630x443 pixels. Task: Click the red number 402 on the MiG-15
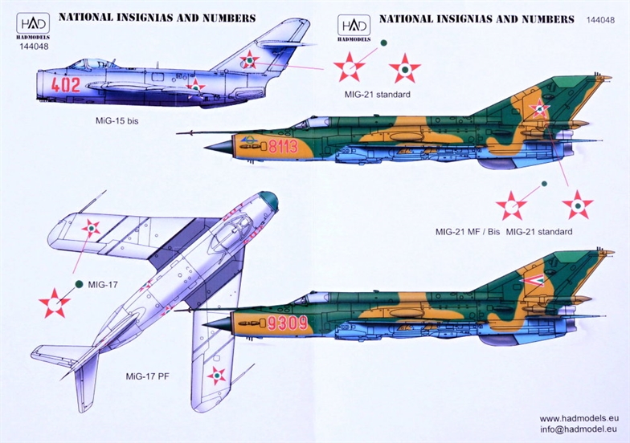click(x=65, y=83)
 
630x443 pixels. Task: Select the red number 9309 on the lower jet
click(x=287, y=324)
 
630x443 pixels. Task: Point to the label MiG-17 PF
click(x=147, y=376)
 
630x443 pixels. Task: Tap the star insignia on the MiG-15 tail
click(x=251, y=59)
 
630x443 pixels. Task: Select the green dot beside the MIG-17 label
click(x=79, y=283)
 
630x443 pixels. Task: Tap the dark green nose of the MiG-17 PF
click(x=270, y=201)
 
